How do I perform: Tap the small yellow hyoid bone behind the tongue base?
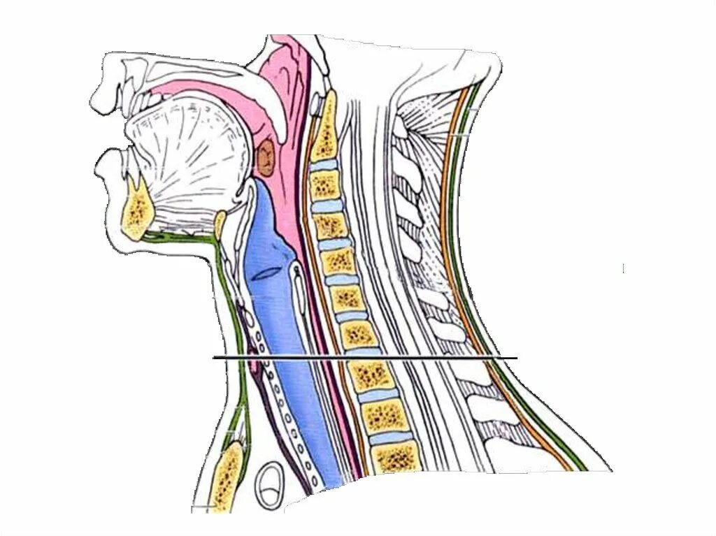pyautogui.click(x=220, y=224)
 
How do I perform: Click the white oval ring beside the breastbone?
pyautogui.click(x=268, y=484)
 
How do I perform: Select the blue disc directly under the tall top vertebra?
pyautogui.click(x=324, y=166)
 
